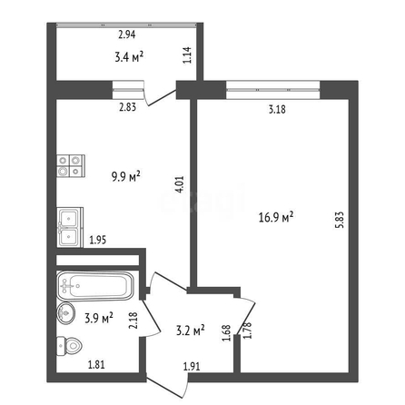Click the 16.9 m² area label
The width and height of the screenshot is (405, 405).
(276, 217)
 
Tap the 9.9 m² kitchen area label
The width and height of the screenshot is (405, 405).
(126, 176)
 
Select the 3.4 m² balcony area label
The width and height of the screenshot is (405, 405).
(129, 56)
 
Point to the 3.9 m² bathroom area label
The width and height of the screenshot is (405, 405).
(99, 318)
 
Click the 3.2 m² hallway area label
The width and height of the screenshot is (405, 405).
(191, 330)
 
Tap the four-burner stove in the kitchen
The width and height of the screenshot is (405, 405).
(71, 166)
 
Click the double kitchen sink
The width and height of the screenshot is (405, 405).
(70, 227)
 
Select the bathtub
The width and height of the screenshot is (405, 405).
(95, 286)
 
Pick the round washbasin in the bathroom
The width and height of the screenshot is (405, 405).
(65, 313)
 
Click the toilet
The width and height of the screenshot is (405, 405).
(70, 346)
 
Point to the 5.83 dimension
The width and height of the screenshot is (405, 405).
(341, 220)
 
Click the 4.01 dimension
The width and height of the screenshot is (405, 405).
(180, 184)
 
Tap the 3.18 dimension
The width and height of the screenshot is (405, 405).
(277, 109)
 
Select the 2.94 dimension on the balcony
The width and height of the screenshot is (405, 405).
(127, 35)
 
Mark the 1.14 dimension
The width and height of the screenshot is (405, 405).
(187, 54)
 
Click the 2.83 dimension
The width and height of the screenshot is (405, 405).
(127, 107)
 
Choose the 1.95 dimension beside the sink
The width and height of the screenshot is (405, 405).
(98, 240)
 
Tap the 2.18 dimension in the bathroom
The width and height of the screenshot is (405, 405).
(133, 321)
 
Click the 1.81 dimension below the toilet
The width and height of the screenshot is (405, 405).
(96, 364)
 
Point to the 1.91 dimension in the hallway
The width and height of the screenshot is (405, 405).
(192, 367)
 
